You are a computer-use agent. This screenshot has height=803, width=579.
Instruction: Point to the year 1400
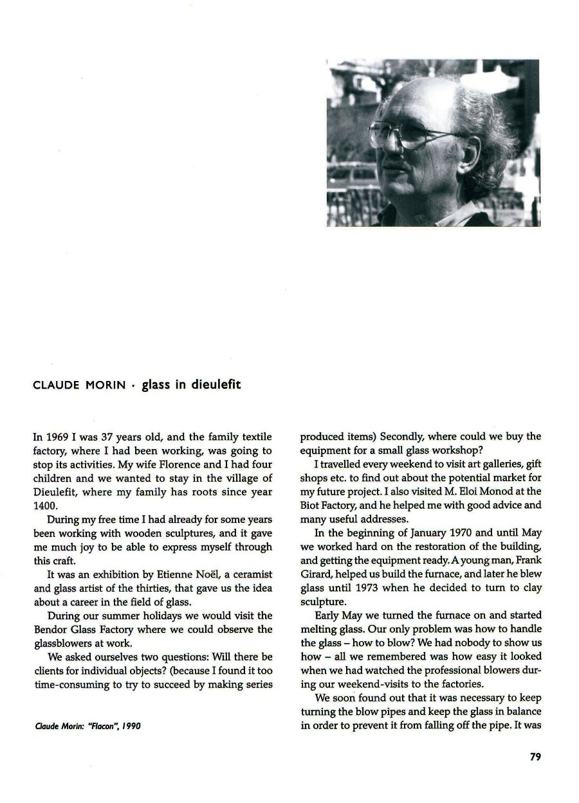click(44, 506)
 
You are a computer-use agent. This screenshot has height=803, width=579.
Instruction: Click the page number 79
click(535, 757)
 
